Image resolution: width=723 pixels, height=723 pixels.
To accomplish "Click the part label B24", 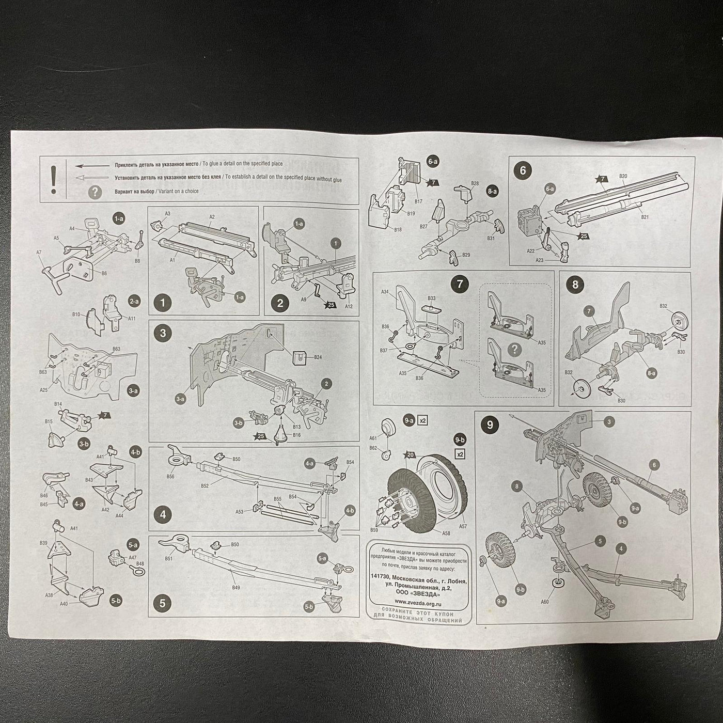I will (x=318, y=357).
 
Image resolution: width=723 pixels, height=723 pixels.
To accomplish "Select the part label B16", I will (x=296, y=435).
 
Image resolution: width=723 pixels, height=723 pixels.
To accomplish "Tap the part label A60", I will (x=544, y=602).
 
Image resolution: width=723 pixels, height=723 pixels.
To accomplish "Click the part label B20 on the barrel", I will (x=623, y=176).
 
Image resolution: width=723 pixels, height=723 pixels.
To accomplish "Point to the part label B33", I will (x=432, y=298).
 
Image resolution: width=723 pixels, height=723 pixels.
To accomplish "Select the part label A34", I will (x=385, y=292).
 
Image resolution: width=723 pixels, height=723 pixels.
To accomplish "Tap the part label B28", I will (x=475, y=183).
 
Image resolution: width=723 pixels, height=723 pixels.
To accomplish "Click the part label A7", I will (x=39, y=252).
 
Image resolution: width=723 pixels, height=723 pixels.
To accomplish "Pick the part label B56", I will (x=170, y=476).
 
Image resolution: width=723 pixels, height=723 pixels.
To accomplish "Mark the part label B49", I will (x=235, y=588).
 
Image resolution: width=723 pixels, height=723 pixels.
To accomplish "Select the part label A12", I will (x=349, y=306).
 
